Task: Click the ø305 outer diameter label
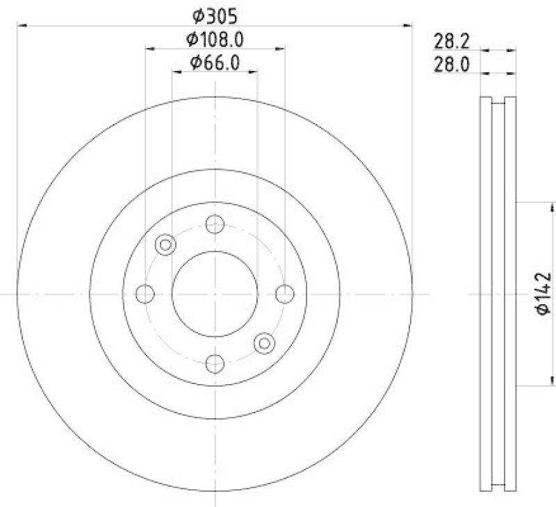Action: click(x=214, y=14)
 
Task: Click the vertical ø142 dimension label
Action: click(x=543, y=293)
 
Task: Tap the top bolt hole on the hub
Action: click(x=215, y=224)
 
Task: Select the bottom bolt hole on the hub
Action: click(x=215, y=363)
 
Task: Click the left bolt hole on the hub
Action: click(x=145, y=294)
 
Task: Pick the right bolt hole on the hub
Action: click(x=284, y=294)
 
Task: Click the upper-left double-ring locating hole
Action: click(x=165, y=244)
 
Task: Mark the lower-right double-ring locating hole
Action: click(x=264, y=342)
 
